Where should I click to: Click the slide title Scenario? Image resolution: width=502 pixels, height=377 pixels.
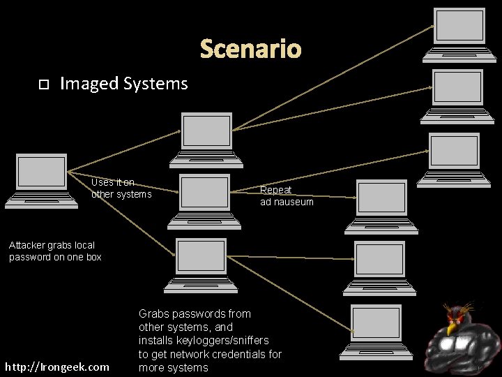click(250, 50)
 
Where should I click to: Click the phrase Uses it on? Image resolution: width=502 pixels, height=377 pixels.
click(113, 182)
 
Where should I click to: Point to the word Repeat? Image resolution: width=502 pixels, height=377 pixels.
click(275, 190)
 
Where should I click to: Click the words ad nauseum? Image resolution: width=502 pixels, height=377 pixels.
click(287, 202)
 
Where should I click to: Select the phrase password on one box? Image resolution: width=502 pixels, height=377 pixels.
click(55, 257)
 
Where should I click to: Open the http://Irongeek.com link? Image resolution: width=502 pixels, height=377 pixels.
click(57, 367)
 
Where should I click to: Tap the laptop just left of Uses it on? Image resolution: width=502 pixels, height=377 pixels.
click(42, 179)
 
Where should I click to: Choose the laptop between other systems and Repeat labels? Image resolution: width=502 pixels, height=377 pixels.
click(204, 200)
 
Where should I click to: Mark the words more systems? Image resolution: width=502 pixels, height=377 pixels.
click(173, 367)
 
